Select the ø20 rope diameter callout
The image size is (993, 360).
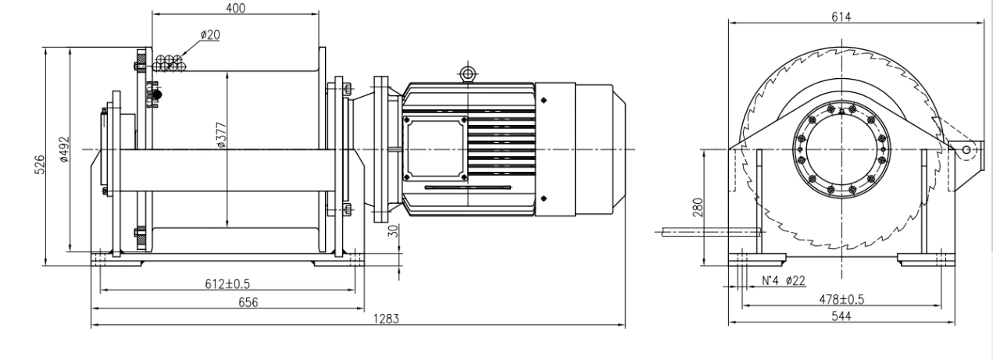click(209, 34)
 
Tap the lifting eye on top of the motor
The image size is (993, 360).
click(467, 73)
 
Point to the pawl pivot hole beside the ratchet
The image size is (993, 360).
click(966, 149)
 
